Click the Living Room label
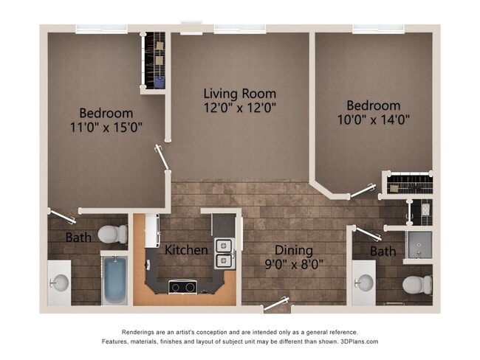pyautogui.click(x=240, y=94)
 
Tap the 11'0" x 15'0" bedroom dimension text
pyautogui.click(x=106, y=128)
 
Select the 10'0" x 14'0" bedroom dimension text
pyautogui.click(x=374, y=119)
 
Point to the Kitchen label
pyautogui.click(x=186, y=250)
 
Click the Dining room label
pyautogui.click(x=293, y=250)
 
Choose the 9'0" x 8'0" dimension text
pyautogui.click(x=293, y=263)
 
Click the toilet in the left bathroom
pyautogui.click(x=112, y=234)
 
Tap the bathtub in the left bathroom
pyautogui.click(x=115, y=279)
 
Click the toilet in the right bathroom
pyautogui.click(x=416, y=283)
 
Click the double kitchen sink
pyautogui.click(x=222, y=252)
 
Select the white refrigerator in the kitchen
pyautogui.click(x=151, y=230)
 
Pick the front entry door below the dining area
pyautogui.click(x=277, y=303)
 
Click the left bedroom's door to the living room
pyautogui.click(x=161, y=157)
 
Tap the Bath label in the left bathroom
pyautogui.click(x=78, y=238)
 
